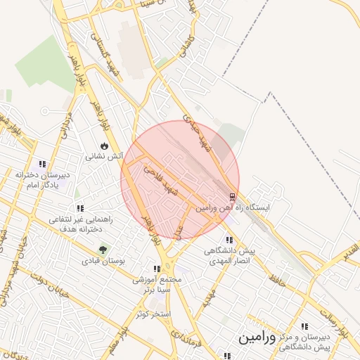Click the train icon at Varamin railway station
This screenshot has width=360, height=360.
(x=233, y=195)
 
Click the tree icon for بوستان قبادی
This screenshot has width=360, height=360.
(x=103, y=249)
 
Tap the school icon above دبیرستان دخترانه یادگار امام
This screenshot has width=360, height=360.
(x=43, y=164)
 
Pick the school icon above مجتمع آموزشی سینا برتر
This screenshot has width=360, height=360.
(x=157, y=269)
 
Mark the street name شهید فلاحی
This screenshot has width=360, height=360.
(x=160, y=172)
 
